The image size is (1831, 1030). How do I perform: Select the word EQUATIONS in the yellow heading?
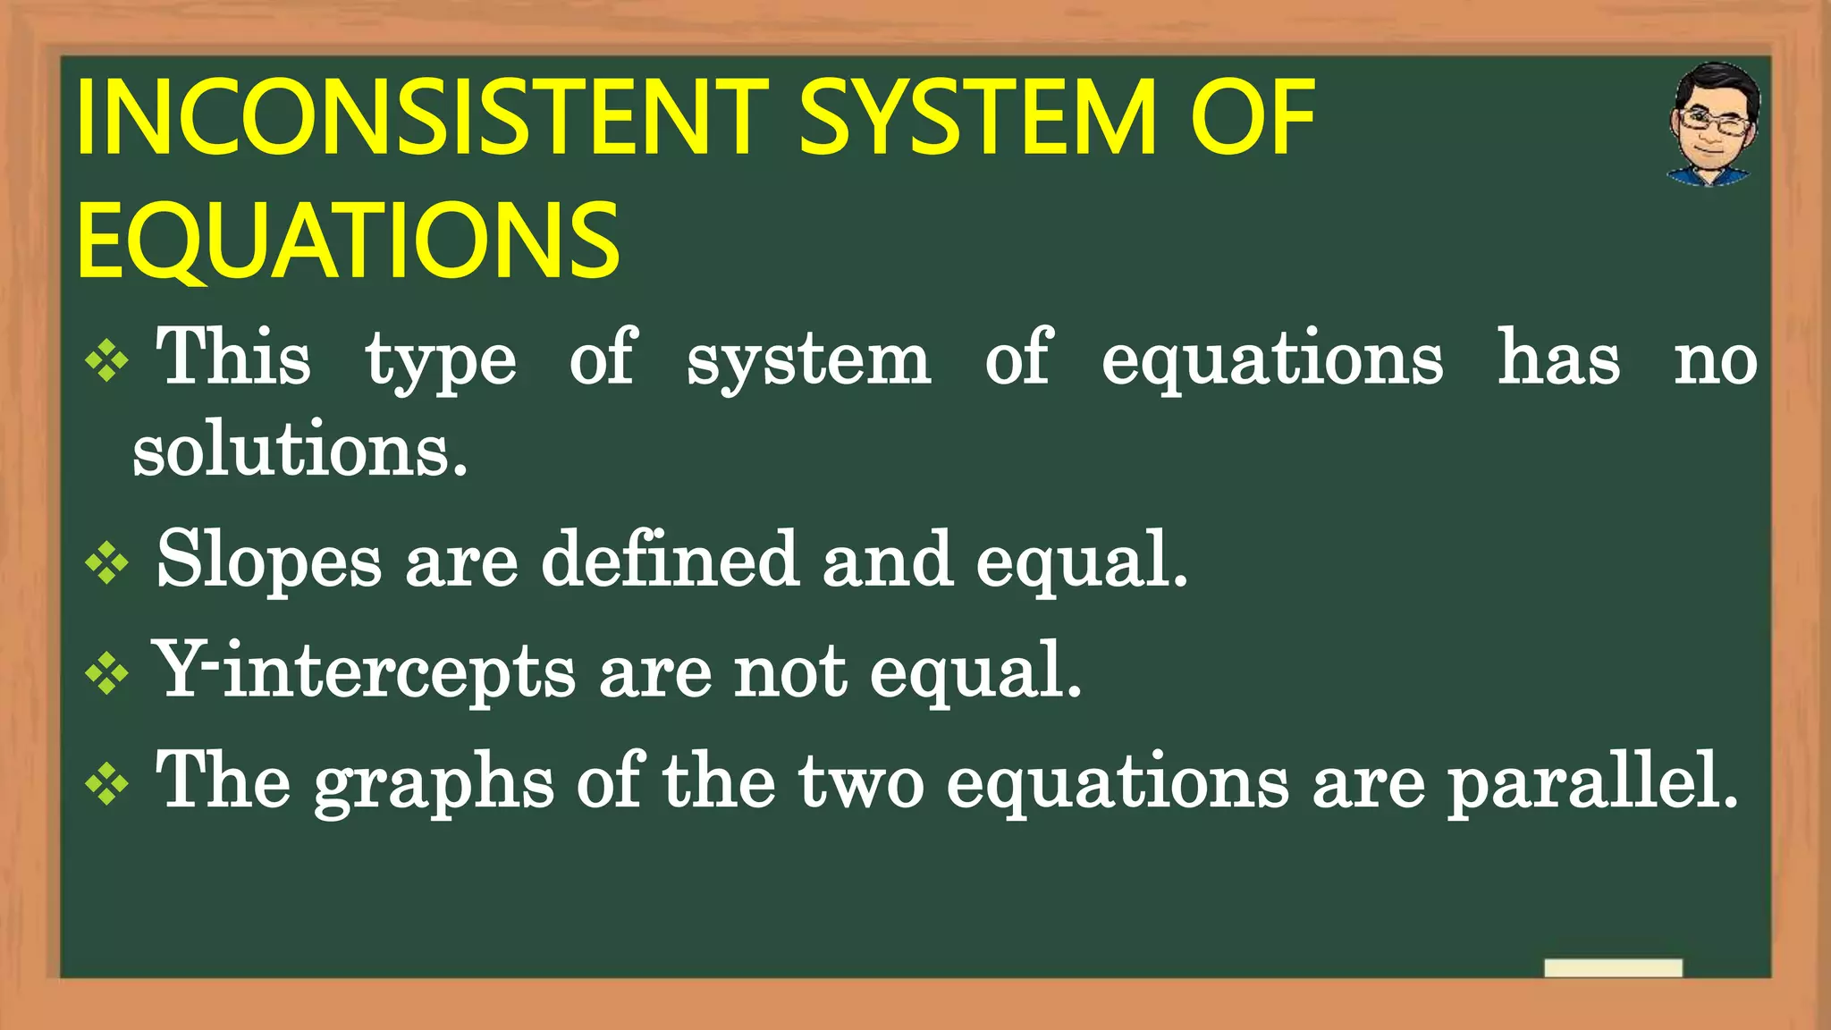point(349,240)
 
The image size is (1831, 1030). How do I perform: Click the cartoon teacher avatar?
point(1713,124)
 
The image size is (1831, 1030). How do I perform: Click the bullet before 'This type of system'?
point(107,361)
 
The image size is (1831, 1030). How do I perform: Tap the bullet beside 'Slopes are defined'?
point(107,563)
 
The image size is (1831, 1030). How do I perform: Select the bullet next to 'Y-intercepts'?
point(107,674)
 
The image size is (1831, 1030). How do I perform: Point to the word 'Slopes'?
point(269,561)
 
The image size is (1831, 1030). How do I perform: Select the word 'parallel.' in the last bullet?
point(1592,783)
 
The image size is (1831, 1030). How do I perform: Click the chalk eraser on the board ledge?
point(1613,967)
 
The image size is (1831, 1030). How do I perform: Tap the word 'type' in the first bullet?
point(441,361)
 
